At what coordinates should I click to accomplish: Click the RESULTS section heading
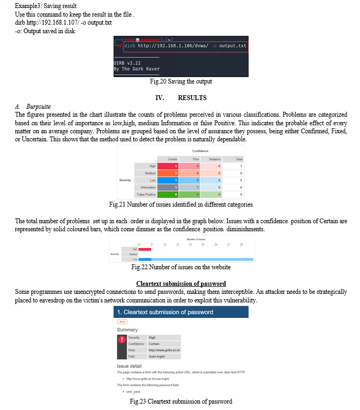click(x=192, y=98)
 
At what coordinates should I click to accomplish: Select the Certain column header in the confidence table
click(x=172, y=159)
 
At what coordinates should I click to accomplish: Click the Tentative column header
click(x=214, y=159)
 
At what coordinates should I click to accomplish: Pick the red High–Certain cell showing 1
click(x=167, y=166)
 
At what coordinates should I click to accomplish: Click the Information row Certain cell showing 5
click(x=167, y=187)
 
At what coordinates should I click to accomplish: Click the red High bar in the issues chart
click(x=145, y=249)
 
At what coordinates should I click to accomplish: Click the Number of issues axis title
click(x=196, y=239)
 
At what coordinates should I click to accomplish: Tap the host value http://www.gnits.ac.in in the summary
click(x=164, y=350)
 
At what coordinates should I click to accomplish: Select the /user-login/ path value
click(x=157, y=355)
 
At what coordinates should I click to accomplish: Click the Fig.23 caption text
click(x=181, y=401)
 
